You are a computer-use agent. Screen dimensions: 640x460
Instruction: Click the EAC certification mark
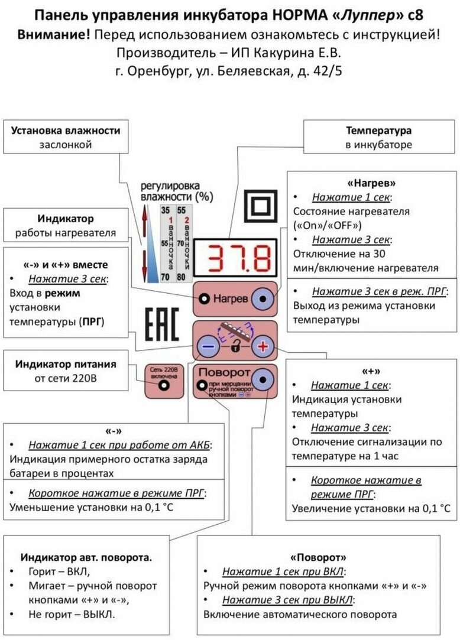click(x=162, y=324)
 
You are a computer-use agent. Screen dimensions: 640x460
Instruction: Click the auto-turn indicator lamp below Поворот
click(x=201, y=388)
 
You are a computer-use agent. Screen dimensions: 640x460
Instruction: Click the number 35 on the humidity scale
click(x=166, y=210)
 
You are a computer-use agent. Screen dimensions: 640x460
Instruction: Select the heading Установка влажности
click(x=66, y=130)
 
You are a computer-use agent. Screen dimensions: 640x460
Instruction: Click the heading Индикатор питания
click(x=66, y=363)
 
